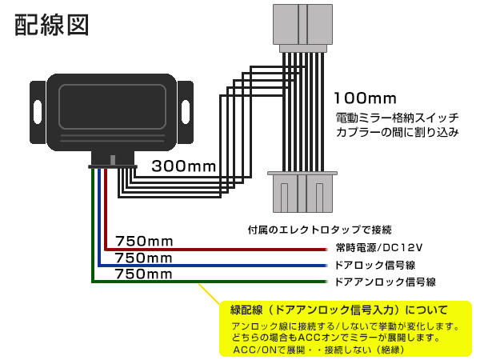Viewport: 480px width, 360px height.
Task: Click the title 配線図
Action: [52, 25]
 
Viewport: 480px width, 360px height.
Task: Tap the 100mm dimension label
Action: [366, 98]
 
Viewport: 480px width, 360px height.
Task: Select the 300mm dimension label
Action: [184, 166]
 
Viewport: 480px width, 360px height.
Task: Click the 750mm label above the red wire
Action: [144, 242]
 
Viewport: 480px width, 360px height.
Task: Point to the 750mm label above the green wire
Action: [143, 274]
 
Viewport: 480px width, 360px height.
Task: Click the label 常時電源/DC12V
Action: [379, 247]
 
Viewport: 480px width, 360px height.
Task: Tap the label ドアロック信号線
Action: [375, 265]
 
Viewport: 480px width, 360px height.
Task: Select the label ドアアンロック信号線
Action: [385, 282]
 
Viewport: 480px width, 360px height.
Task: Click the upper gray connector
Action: [302, 28]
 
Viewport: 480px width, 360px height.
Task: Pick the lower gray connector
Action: [302, 192]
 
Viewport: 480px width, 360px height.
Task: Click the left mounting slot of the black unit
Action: [38, 112]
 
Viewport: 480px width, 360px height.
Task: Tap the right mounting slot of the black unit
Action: [186, 112]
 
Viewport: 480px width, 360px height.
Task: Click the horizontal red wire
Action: [216, 250]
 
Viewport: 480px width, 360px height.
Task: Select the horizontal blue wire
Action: [213, 266]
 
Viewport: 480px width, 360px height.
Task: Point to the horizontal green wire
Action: [210, 282]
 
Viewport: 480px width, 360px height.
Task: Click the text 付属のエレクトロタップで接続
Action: [319, 230]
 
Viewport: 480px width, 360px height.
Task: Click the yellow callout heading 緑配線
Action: [246, 310]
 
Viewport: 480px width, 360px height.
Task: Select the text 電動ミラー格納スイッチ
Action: [397, 118]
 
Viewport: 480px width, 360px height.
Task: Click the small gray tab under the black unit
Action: [113, 160]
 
